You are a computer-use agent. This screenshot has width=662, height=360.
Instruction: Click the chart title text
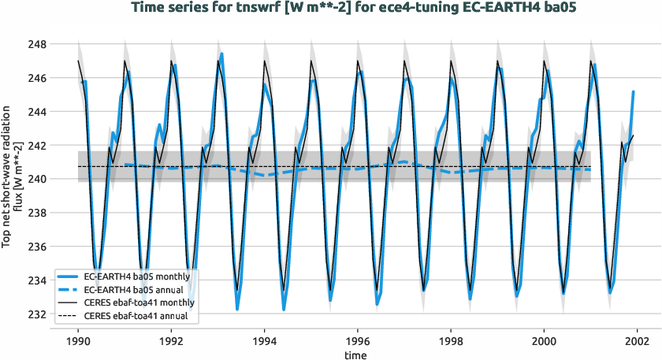click(330, 9)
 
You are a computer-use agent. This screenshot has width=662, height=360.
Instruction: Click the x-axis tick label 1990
click(78, 342)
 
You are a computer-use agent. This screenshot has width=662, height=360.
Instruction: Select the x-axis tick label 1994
click(264, 342)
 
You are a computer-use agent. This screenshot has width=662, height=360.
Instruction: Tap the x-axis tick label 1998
click(451, 342)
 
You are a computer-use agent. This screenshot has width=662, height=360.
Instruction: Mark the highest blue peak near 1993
click(222, 54)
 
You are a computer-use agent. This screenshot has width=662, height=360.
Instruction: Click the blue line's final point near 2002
click(633, 92)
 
